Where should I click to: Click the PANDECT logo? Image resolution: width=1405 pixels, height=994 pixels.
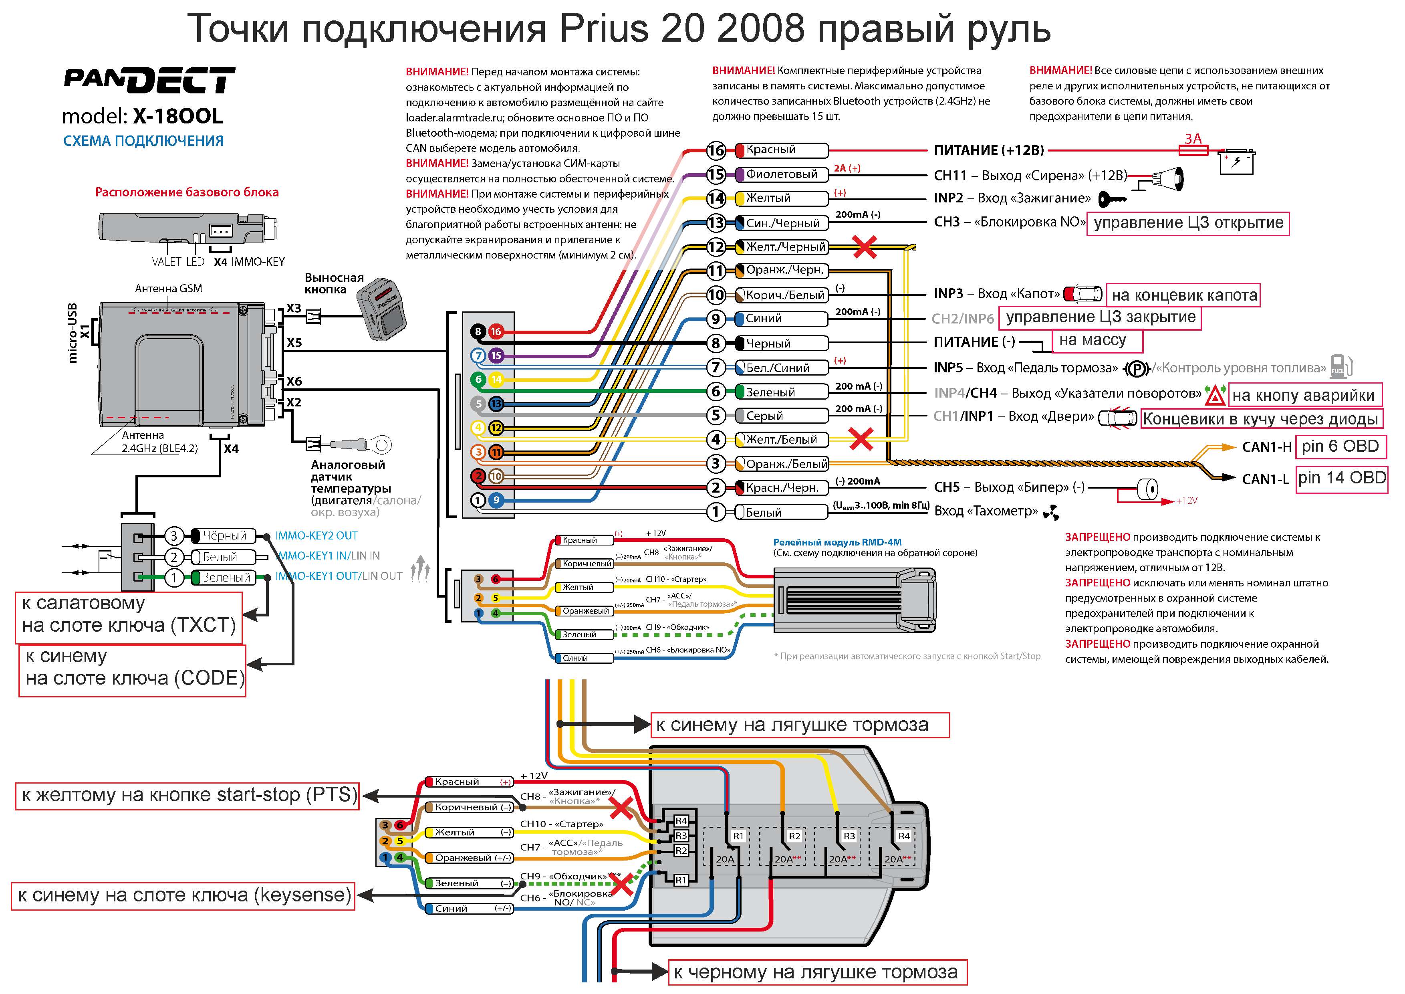149,80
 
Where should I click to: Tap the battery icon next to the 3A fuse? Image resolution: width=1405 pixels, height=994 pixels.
1237,162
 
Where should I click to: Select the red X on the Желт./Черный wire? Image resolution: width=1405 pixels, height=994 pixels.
864,247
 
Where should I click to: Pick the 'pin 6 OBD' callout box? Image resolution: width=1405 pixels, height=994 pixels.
1340,446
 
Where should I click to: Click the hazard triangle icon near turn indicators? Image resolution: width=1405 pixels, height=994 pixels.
1215,396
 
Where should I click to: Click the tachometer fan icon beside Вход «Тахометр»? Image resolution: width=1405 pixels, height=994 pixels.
1051,512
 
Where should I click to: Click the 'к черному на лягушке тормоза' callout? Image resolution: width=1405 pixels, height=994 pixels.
817,972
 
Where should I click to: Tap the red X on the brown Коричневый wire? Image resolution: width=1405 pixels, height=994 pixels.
621,808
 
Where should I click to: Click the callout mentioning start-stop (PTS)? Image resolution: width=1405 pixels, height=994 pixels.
187,796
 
